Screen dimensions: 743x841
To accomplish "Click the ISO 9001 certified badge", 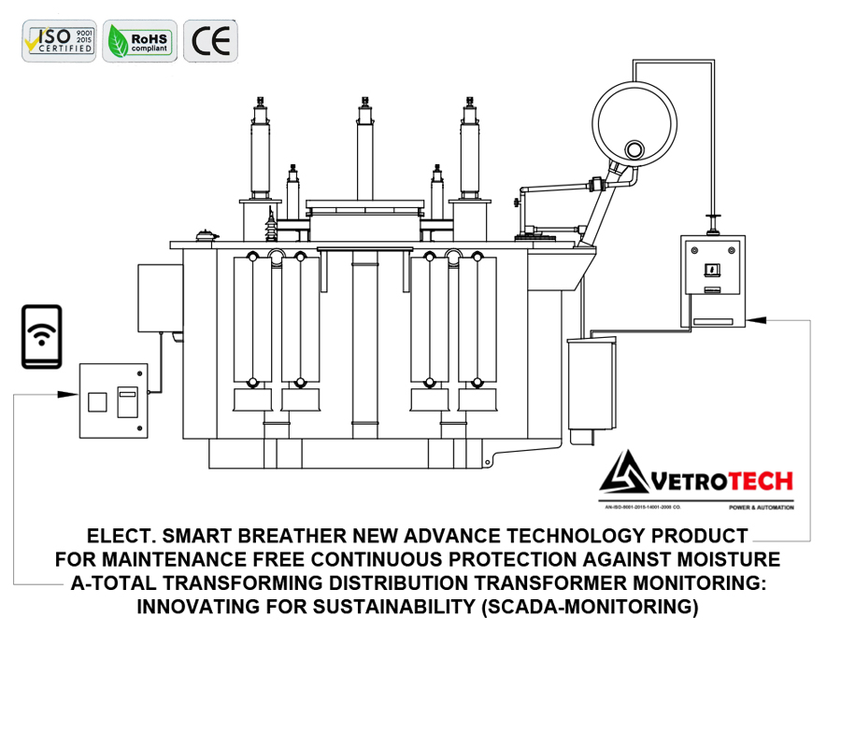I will point(59,41).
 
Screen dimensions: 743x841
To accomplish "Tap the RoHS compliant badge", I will point(138,41).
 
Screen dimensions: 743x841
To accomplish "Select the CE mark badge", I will point(210,41).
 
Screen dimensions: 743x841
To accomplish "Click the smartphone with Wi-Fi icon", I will point(41,336).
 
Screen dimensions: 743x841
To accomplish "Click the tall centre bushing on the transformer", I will point(364,149).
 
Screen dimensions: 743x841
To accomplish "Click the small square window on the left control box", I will point(96,402).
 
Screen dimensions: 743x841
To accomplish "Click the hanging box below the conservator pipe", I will point(593,383).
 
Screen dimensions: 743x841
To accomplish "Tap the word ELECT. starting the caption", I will point(119,537).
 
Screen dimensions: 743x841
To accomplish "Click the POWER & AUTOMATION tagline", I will point(761,508).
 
